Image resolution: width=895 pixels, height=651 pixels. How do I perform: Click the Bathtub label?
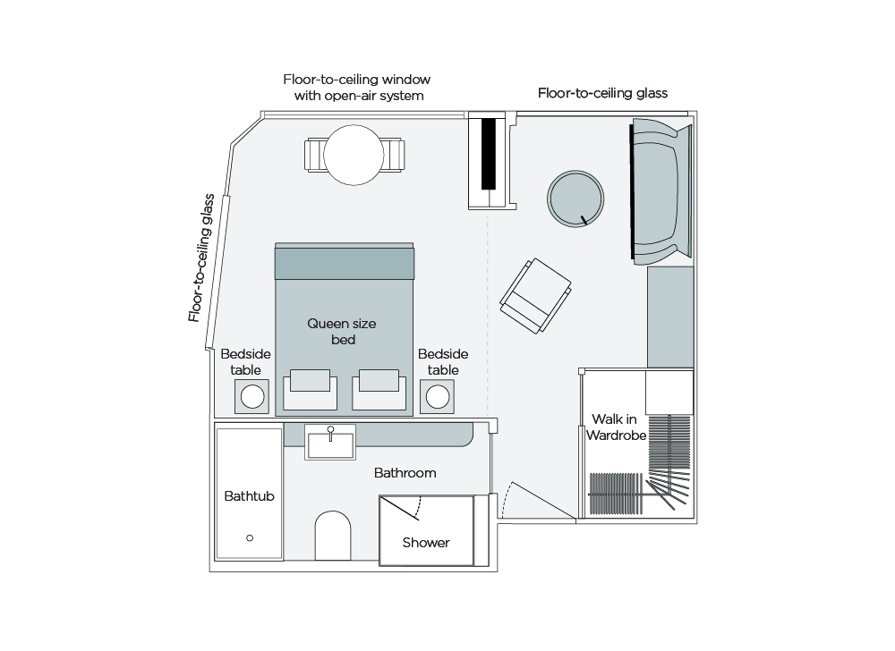pos(249,495)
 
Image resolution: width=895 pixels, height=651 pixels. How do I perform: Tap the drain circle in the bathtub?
pos(250,537)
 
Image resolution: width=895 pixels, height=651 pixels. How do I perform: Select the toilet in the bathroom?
pos(331,536)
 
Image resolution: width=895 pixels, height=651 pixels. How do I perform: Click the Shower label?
pos(425,542)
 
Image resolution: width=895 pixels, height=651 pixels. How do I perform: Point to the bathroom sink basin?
pos(330,442)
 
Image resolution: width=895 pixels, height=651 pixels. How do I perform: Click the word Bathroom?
pos(405,472)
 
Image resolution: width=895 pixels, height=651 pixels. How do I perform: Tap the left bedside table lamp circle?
pos(252,395)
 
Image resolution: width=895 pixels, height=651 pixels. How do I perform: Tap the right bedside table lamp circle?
pos(438,395)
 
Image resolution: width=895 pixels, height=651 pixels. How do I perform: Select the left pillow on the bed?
pos(311,381)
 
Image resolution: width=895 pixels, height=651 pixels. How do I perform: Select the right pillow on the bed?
pos(379,381)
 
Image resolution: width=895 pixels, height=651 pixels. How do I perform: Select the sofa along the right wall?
pos(661,191)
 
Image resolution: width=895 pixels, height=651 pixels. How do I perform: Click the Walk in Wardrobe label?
pos(616,427)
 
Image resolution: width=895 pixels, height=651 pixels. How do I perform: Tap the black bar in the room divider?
pos(489,153)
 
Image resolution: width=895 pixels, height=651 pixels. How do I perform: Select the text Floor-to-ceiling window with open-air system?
pos(352,87)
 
